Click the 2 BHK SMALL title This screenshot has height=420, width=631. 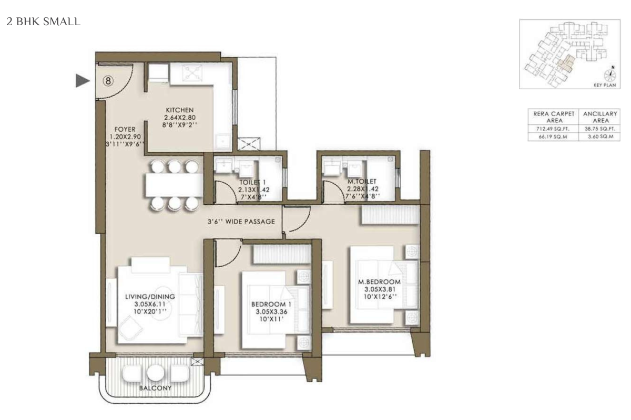[x=43, y=22]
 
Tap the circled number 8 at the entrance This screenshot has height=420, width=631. [x=108, y=81]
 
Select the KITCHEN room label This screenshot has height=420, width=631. [x=180, y=110]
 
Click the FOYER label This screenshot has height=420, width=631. [x=125, y=129]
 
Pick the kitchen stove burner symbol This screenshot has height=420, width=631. [x=192, y=73]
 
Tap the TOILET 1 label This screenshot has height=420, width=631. [x=252, y=182]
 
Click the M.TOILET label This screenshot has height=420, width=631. [x=362, y=182]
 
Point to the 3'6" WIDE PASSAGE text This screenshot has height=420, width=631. [x=241, y=222]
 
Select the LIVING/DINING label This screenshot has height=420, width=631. [x=150, y=297]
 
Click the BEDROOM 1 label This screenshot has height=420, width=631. [x=271, y=304]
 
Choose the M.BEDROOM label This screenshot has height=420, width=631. [x=379, y=281]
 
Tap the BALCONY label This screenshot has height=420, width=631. [x=155, y=388]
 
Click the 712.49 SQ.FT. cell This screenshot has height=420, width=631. [x=553, y=129]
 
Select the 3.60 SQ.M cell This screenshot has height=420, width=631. [x=601, y=136]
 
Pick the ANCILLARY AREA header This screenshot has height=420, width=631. [x=600, y=117]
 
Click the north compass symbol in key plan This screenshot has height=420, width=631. [x=610, y=73]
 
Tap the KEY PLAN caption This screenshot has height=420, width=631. [x=605, y=85]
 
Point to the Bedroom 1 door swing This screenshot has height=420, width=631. [x=228, y=253]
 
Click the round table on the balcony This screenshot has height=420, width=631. [x=155, y=373]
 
